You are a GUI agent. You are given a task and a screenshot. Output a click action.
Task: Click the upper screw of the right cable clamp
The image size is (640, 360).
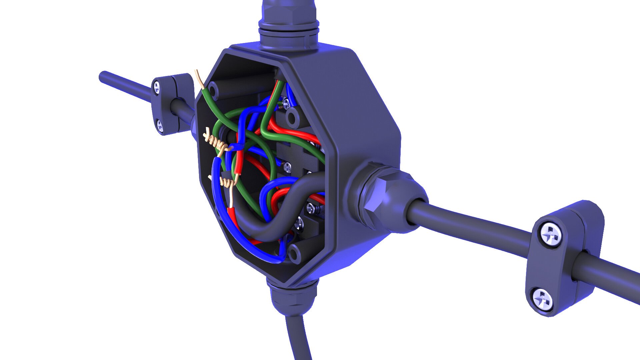(x=551, y=234)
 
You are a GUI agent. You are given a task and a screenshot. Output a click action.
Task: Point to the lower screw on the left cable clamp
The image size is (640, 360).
(x=160, y=126)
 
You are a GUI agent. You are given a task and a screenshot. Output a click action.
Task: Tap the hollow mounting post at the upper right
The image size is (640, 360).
(x=294, y=117)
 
